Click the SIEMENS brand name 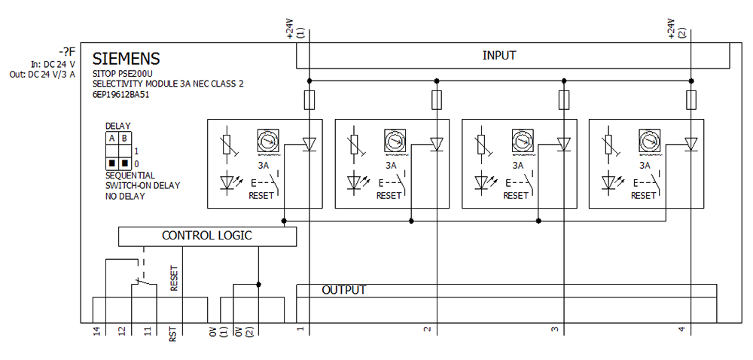(x=126, y=59)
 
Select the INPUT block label (x=499, y=56)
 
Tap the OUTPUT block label (x=343, y=290)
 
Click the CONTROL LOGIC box (x=207, y=236)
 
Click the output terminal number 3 (x=554, y=329)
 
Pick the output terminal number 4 (x=681, y=329)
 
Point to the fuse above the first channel (x=309, y=99)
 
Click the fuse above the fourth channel (x=691, y=99)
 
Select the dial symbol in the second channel (x=392, y=141)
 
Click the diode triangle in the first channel (x=309, y=144)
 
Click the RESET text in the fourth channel (x=644, y=196)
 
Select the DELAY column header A (x=111, y=138)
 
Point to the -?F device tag (x=67, y=51)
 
